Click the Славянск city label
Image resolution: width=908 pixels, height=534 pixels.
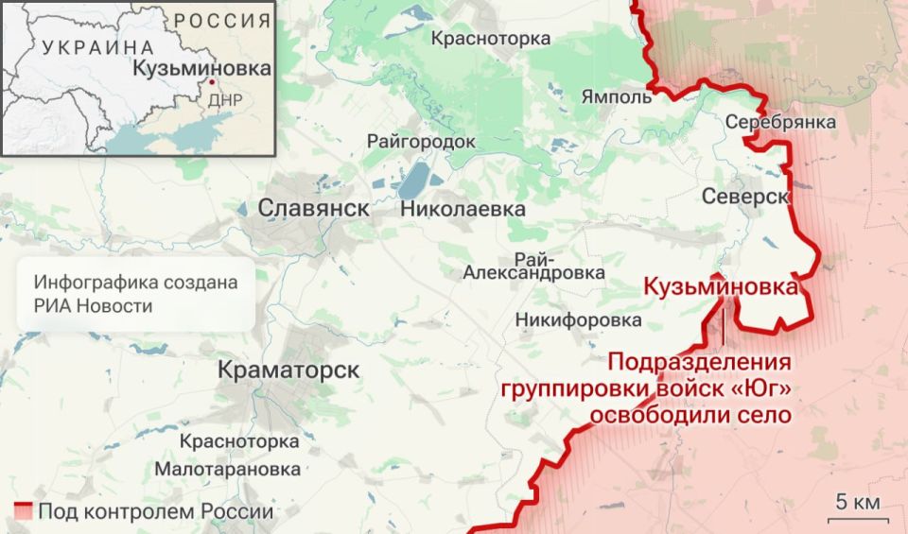313,208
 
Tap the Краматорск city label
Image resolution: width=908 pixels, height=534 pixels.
288,370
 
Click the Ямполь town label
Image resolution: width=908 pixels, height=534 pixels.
617,96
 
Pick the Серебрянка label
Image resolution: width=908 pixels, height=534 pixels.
780,122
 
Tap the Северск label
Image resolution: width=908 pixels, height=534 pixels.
745,196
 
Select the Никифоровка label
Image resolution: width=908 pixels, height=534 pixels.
578,320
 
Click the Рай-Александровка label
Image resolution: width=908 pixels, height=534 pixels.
534,266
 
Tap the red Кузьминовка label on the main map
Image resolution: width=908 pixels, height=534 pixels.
720,286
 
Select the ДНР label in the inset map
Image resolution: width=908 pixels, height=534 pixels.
225,99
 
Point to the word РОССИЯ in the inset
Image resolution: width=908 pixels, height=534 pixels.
221,20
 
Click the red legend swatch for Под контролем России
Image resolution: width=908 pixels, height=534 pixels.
23,512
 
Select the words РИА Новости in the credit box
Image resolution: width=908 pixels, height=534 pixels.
93,305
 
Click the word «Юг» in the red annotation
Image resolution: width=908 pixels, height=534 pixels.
761,388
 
